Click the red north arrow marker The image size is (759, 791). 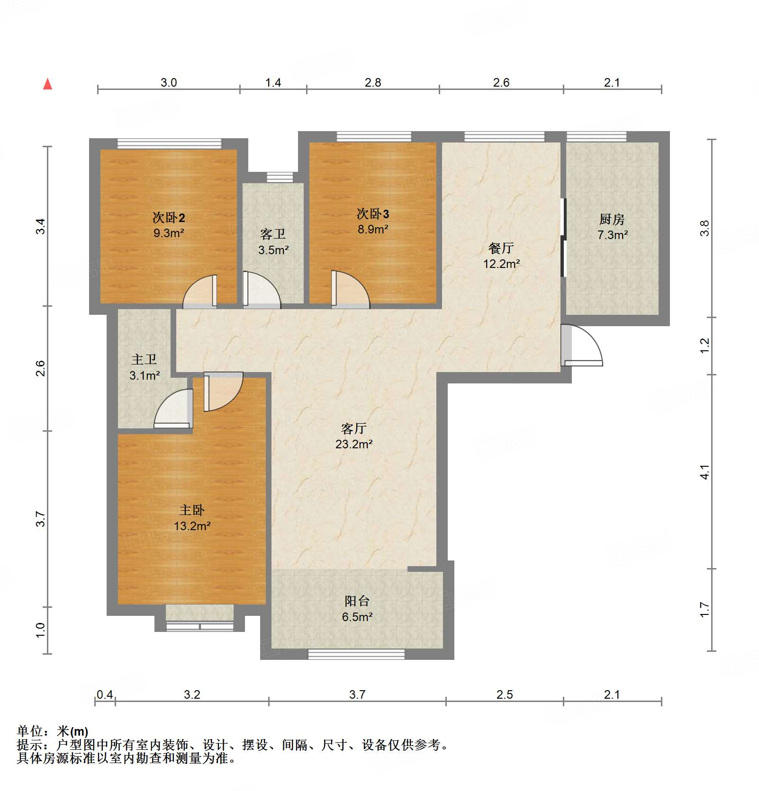point(47,84)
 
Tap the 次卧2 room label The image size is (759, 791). point(169,217)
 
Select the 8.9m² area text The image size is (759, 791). point(373,230)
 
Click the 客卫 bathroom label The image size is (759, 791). point(273,234)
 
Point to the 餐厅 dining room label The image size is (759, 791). point(501,248)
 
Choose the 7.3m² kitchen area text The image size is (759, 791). point(612,235)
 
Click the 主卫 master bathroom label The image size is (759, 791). point(144,360)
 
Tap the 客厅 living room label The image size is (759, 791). point(353,428)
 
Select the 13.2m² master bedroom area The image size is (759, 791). point(192,526)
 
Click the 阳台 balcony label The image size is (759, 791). point(357,601)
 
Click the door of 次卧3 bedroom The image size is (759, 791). point(350,290)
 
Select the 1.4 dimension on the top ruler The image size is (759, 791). point(273,83)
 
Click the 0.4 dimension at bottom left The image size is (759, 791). point(105,694)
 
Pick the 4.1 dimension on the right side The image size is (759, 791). point(705,472)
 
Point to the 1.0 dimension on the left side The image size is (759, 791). point(40,630)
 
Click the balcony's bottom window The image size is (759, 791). point(356,654)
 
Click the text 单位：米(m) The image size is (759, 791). point(53,731)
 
